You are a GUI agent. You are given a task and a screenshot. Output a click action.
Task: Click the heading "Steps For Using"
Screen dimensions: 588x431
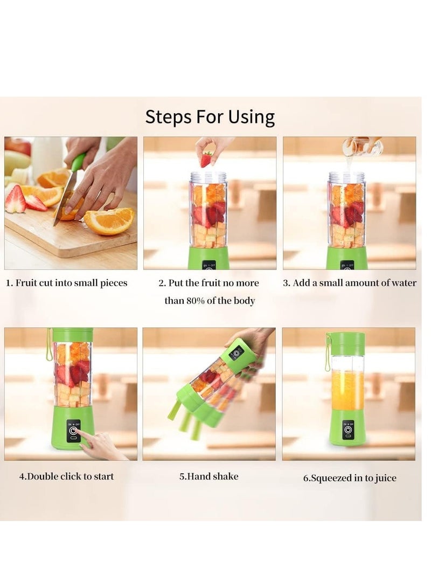210,117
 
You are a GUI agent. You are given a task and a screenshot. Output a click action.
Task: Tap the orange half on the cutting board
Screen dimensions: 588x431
110,220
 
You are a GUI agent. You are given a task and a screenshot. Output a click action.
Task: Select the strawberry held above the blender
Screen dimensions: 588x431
206,160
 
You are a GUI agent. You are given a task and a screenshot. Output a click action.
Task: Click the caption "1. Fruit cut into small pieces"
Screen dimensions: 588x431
67,283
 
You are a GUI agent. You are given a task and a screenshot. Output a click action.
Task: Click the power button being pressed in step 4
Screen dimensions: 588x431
73,431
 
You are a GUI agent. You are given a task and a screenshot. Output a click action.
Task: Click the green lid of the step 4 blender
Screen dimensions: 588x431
72,335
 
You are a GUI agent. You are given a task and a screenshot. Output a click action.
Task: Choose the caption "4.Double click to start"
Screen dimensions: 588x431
67,476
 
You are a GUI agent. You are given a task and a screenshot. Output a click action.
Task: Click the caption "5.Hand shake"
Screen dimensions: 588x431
208,476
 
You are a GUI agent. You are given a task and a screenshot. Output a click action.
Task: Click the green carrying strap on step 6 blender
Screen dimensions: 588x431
327,353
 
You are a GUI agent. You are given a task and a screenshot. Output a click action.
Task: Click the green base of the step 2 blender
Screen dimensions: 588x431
208,259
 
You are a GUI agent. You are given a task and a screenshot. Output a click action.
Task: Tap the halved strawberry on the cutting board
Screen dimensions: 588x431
15,199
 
